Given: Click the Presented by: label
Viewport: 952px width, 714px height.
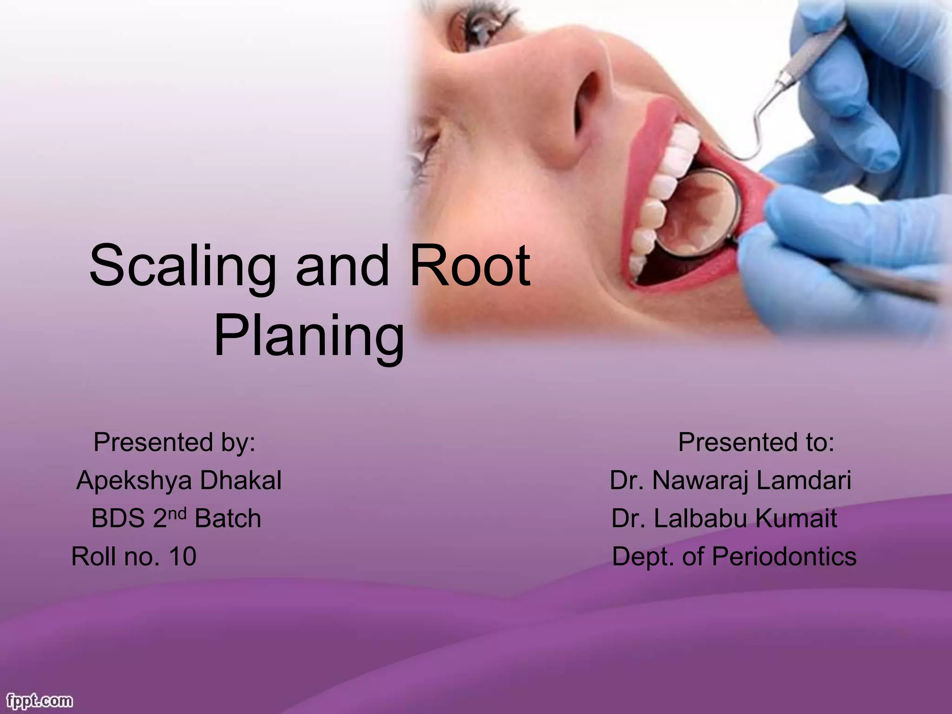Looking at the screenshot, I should pos(174,442).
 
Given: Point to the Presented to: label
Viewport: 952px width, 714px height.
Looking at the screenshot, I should pos(756,442).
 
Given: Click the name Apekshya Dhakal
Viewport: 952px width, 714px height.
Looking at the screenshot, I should pos(179,480).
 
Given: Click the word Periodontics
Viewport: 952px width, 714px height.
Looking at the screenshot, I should pos(784,556).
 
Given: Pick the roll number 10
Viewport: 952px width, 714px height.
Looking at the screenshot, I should pos(183,556).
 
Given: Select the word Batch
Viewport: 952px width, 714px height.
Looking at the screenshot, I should pos(228,519).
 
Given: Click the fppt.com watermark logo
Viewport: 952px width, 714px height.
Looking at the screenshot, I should pos(37,700).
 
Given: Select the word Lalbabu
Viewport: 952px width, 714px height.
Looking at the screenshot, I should pos(700,518).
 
